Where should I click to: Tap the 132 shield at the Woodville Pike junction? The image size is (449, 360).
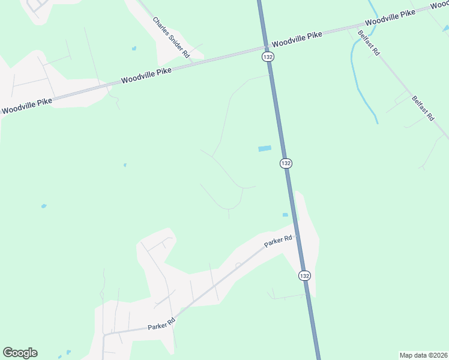(x=268, y=56)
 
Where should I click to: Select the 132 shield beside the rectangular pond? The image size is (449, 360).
(x=286, y=163)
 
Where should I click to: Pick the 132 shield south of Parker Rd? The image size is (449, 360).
(x=304, y=275)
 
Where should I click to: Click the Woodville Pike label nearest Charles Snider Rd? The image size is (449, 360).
(x=146, y=75)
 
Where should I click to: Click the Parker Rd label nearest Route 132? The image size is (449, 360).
(x=279, y=241)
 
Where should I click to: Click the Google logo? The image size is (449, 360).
(x=20, y=353)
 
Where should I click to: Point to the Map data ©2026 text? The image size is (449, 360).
(x=423, y=355)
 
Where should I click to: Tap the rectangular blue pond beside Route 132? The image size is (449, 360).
(x=265, y=148)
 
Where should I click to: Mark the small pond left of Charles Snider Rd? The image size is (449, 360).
(x=134, y=48)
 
